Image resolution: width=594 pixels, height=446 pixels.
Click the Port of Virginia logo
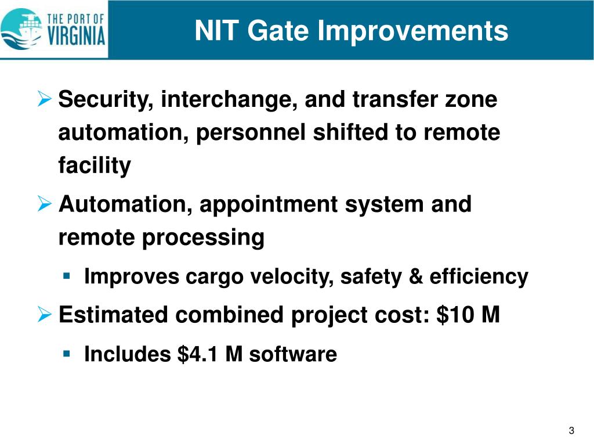pos(53,28)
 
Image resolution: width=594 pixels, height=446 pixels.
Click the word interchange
pos(230,100)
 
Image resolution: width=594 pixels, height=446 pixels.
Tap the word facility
pos(95,166)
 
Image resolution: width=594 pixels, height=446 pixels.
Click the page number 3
pos(571,430)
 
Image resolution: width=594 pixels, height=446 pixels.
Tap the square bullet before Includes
pos(67,353)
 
